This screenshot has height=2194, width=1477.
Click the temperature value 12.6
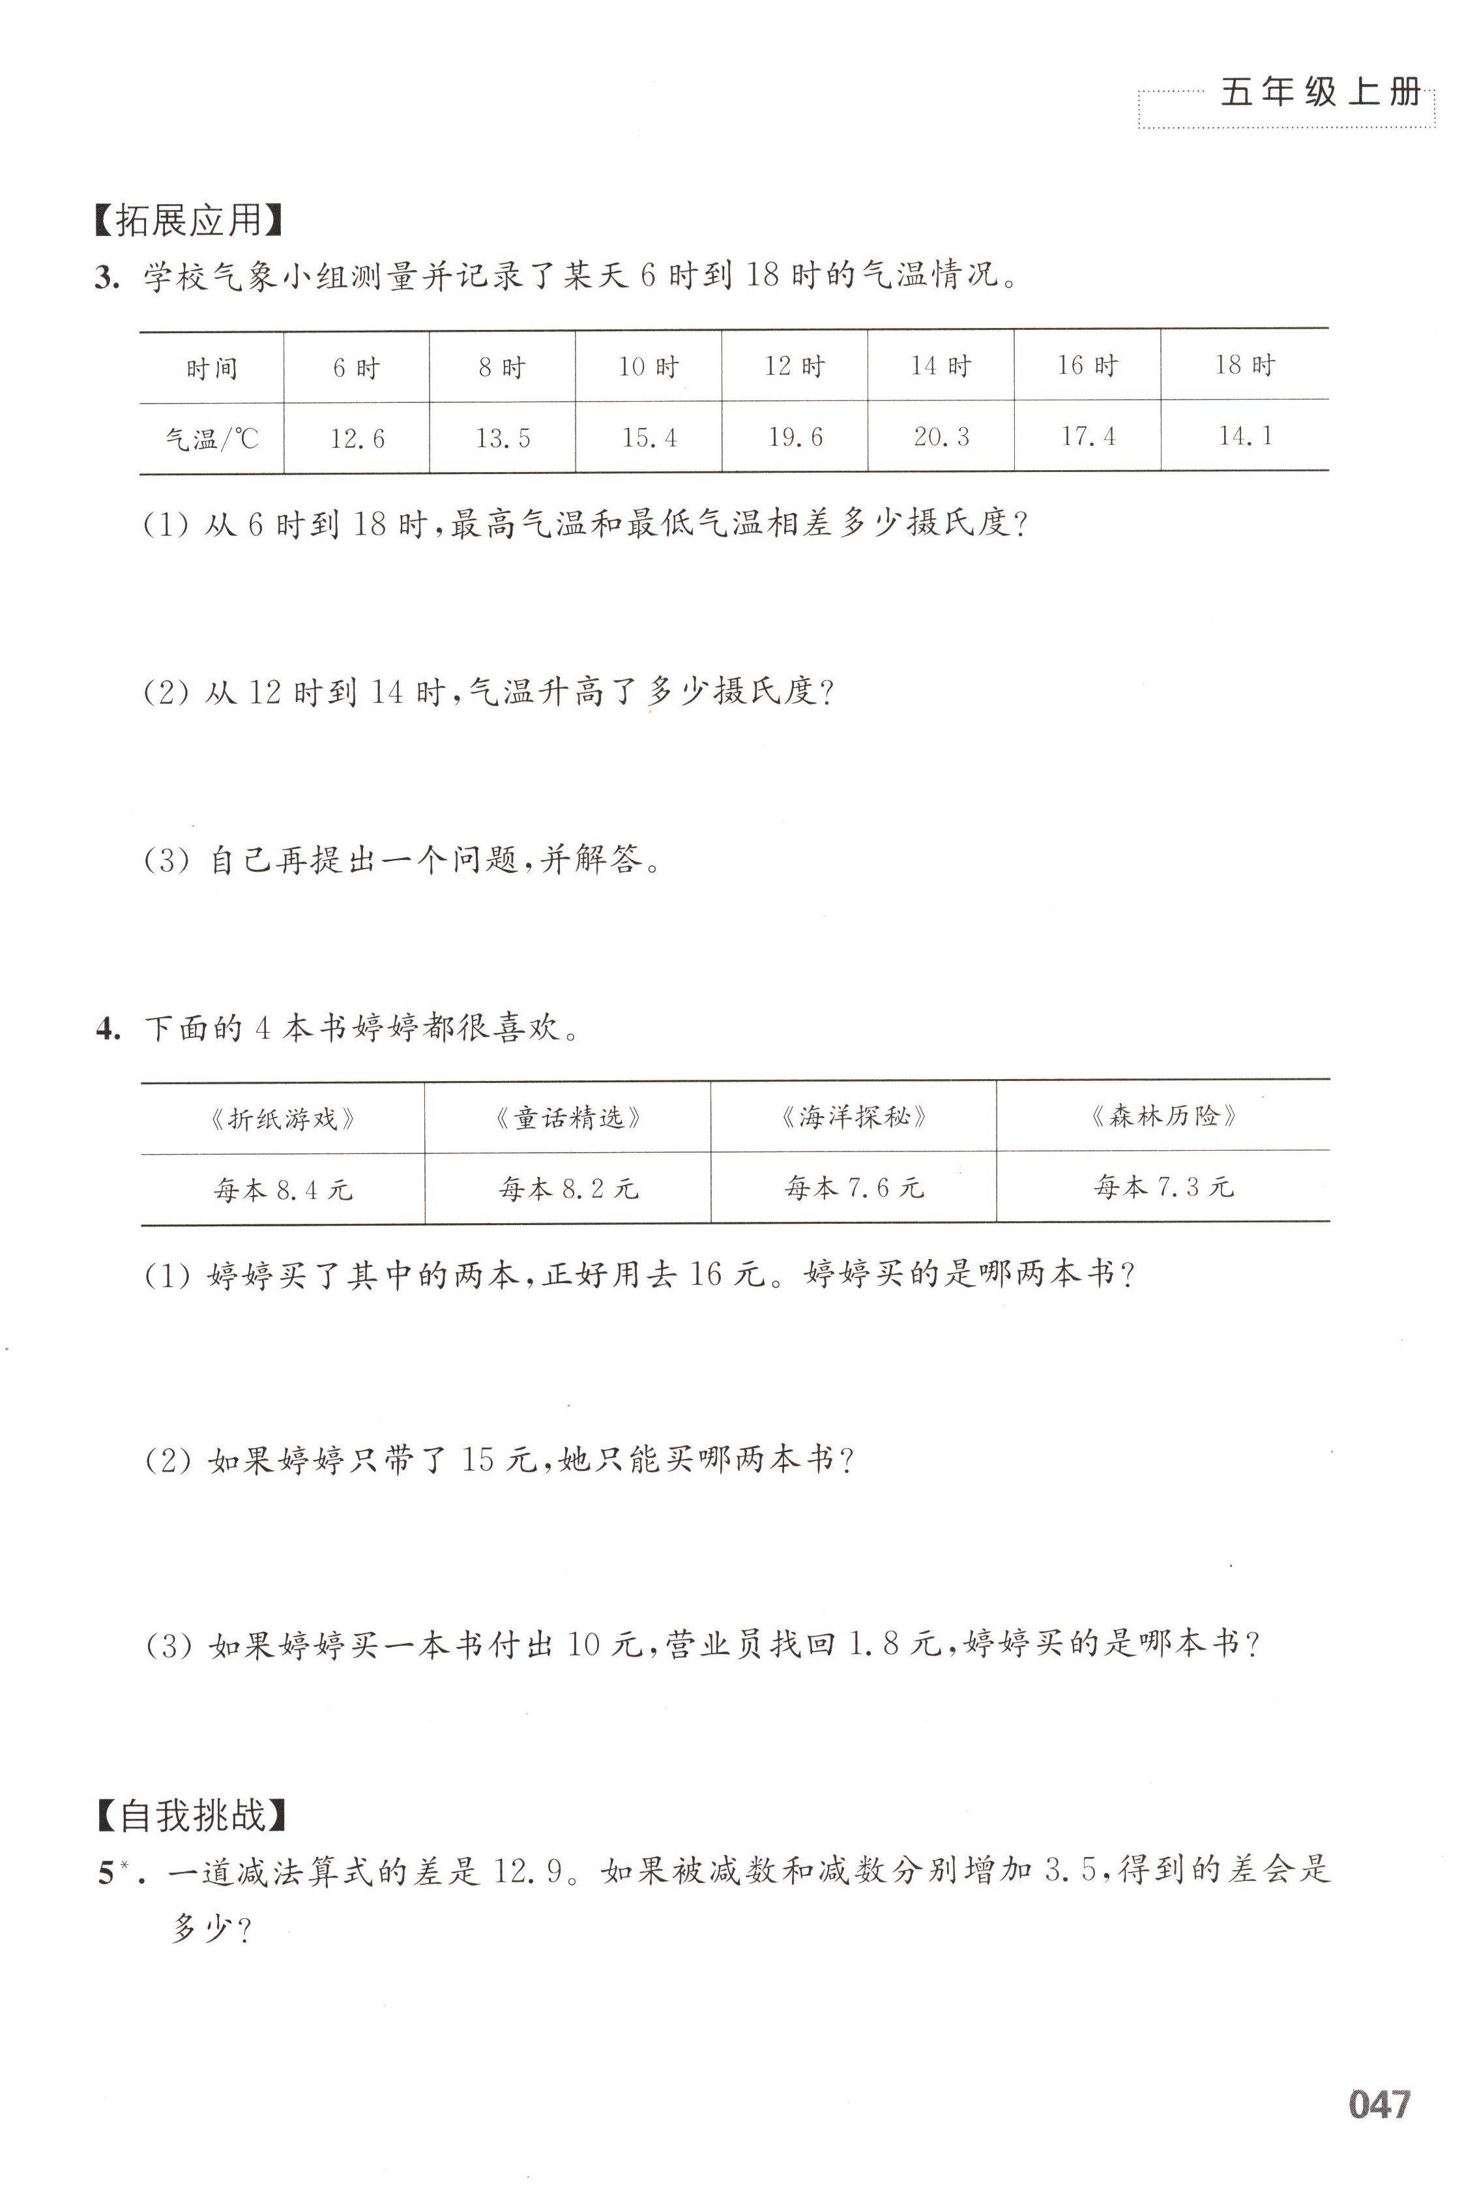point(357,439)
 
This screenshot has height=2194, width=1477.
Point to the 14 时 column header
point(940,366)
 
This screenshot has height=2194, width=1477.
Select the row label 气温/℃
point(211,439)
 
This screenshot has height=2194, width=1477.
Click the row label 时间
point(211,367)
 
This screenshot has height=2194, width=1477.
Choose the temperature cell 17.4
point(1088,436)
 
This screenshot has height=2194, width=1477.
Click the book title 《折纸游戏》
point(283,1119)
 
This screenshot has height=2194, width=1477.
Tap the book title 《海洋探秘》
point(853,1118)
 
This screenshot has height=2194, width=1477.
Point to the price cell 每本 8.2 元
point(568,1189)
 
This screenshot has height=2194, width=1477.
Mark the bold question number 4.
point(108,1029)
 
